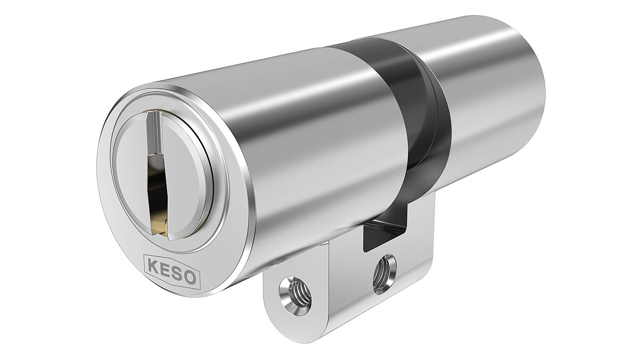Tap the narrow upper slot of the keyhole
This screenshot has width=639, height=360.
[x=152, y=133]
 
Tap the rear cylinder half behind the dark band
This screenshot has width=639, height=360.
[x=490, y=96]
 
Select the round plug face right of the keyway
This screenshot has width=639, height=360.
[x=186, y=176]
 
